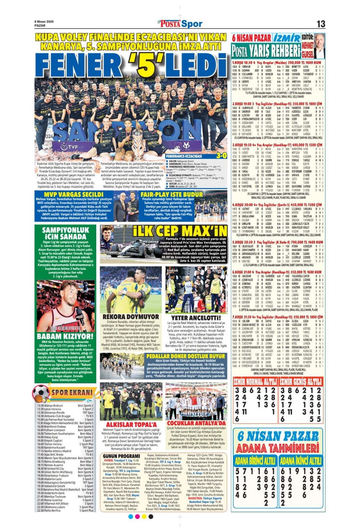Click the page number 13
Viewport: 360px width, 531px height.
pos(320,24)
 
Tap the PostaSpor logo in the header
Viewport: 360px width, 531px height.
pos(180,24)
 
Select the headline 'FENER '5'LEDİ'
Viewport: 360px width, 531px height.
pos(131,66)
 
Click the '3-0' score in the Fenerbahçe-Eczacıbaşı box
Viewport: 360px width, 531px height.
pos(221,156)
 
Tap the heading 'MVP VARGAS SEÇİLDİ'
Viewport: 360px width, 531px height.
pos(75,194)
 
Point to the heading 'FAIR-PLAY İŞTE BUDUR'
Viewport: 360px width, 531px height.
pos(172,194)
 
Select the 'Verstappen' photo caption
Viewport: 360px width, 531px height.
pos(109,252)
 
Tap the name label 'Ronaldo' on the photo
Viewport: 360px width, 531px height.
pos(153,278)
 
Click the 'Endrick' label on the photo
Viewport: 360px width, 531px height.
pos(172,270)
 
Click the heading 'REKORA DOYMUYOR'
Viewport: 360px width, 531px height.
pos(126,317)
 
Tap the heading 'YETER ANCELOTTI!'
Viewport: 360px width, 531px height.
pos(196,318)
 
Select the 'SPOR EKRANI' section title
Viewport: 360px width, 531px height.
pos(72,393)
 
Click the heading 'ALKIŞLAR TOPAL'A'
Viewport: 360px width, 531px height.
pos(126,424)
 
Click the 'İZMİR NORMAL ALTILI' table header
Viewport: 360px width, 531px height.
pos(255,382)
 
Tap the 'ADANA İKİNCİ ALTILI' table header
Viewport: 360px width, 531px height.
pos(301,460)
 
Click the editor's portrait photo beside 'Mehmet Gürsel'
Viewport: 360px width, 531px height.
pos(320,46)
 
